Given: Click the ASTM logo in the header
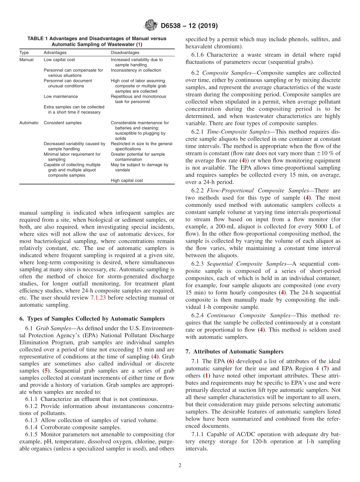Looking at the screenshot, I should click(151, 26).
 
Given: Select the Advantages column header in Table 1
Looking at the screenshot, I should click(55, 53).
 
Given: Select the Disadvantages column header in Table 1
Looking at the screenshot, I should click(125, 53).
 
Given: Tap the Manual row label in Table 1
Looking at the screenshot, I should click(26, 60).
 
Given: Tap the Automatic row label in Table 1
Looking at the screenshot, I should click(29, 123).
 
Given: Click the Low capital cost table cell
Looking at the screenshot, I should click(59, 60).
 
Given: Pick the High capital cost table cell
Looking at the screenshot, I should click(127, 180).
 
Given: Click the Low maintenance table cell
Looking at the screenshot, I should click(61, 97).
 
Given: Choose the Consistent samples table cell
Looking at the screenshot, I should click(62, 123).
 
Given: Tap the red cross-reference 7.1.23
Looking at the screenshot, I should click(98, 297).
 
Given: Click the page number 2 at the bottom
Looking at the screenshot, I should click(180, 465).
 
